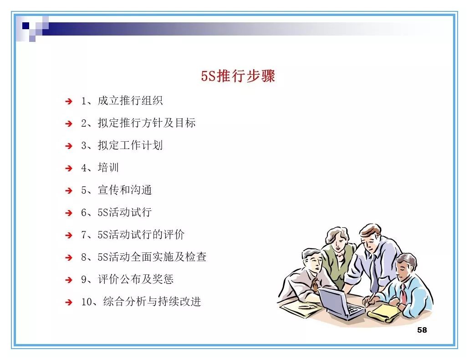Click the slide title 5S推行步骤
[238, 76]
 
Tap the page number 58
[422, 330]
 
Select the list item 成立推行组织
[130, 101]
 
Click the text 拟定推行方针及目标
[146, 123]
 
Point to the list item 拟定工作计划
[130, 145]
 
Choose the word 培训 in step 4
[108, 168]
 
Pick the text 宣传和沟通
[124, 190]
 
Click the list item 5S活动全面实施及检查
[152, 257]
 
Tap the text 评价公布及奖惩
[135, 279]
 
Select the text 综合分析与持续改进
[152, 302]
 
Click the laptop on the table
[339, 303]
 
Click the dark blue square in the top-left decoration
[26, 25]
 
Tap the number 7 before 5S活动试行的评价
[84, 235]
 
